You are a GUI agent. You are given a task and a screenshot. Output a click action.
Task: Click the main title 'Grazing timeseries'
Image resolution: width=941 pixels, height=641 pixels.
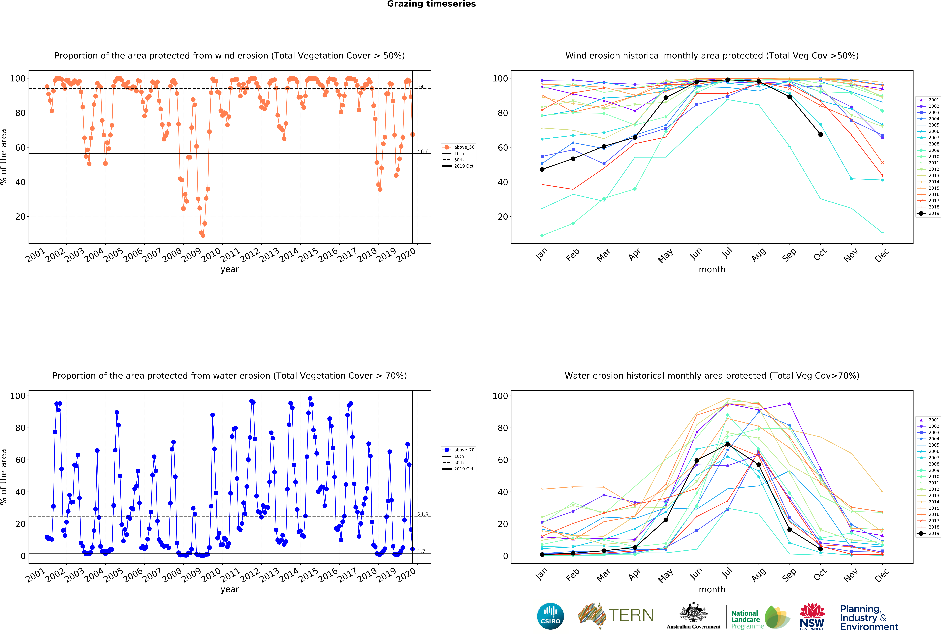click(431, 4)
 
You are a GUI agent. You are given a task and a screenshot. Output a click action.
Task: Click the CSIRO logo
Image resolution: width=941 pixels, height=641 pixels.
click(550, 616)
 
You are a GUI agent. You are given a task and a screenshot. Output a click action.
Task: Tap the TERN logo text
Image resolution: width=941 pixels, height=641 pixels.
click(631, 615)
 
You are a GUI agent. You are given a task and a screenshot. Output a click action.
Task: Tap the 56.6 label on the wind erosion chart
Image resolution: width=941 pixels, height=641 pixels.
click(423, 151)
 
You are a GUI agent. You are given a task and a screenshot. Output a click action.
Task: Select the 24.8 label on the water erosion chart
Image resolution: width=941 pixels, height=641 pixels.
click(423, 514)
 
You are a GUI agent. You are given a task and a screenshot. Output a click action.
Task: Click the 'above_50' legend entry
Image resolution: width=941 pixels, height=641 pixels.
click(458, 147)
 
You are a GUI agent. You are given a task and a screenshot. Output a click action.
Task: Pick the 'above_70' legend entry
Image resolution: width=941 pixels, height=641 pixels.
click(458, 450)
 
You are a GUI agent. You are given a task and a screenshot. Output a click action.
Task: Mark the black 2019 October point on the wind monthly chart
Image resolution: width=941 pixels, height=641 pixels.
click(820, 134)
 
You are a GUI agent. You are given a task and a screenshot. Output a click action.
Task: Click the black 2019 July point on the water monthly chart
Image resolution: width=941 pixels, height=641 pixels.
click(728, 444)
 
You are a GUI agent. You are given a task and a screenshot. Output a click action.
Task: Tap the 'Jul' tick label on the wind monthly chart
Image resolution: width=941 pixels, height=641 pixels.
click(727, 253)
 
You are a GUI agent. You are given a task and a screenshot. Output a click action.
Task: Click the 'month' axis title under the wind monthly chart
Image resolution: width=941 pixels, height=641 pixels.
click(712, 269)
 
